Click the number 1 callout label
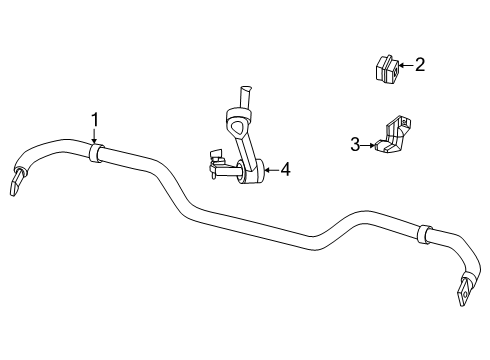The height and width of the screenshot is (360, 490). pyautogui.click(x=95, y=122)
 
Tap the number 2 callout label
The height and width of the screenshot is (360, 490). pyautogui.click(x=420, y=66)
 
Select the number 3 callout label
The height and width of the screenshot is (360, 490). pyautogui.click(x=355, y=144)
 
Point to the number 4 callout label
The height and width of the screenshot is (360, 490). pyautogui.click(x=285, y=171)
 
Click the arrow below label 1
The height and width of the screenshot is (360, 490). pyautogui.click(x=95, y=139)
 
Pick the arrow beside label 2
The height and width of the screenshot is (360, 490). pyautogui.click(x=404, y=67)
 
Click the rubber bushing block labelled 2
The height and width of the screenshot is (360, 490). pyautogui.click(x=384, y=69)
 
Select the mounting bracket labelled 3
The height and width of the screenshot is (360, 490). pyautogui.click(x=392, y=137)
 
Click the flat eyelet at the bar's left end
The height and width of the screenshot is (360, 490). pyautogui.click(x=18, y=183)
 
